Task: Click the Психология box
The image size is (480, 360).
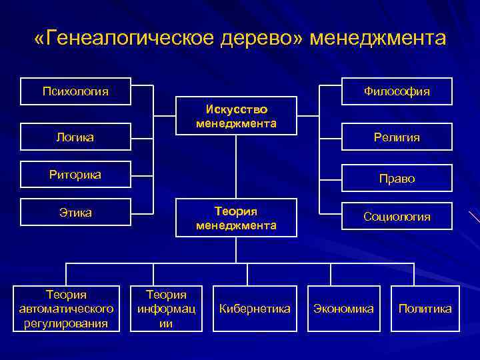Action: coord(75,90)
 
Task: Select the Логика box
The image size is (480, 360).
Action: coord(75,137)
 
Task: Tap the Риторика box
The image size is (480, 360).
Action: coord(75,175)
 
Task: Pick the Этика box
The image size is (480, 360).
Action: coord(75,213)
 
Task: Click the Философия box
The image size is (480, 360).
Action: coord(396,91)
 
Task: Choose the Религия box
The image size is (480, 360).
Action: coord(396,137)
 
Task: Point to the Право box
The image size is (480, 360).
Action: coord(396,179)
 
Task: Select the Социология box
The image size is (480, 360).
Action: coord(396,217)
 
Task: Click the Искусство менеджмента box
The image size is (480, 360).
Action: coord(236,117)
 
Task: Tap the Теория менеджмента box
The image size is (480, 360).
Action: coord(236,218)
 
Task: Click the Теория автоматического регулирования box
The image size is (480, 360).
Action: coord(66,309)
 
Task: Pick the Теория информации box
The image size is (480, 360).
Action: coord(166,309)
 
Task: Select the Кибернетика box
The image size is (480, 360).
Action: coord(255,309)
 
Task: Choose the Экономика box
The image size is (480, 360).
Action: coord(345,309)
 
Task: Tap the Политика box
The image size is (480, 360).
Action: coord(425,309)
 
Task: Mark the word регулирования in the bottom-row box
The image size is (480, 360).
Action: coord(66,324)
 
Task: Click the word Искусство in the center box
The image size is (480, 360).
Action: coord(236,109)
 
